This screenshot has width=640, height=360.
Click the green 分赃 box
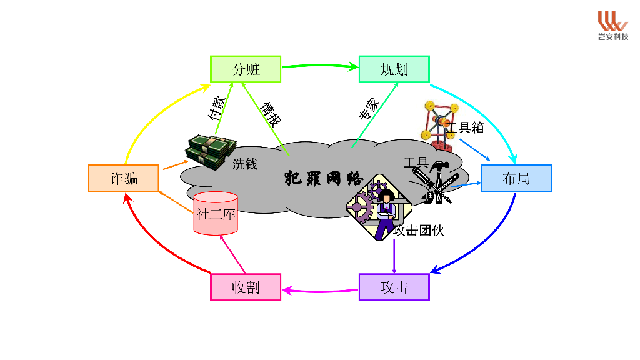coord(246,69)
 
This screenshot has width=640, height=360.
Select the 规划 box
coord(394,69)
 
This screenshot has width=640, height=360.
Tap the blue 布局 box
coord(516,178)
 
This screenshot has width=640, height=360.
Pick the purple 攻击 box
coord(394,287)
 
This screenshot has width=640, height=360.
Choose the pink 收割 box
coord(246,287)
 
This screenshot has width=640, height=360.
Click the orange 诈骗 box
coord(124,178)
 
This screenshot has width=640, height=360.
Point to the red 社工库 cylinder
coord(216,214)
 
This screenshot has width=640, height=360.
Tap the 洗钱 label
coord(245,164)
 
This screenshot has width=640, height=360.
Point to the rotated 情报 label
coord(271,112)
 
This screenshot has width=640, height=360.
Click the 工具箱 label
coord(467,127)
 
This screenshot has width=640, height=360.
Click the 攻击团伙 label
coord(419,230)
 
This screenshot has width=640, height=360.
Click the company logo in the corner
coord(612,25)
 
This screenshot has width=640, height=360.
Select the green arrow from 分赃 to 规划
coord(319,64)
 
